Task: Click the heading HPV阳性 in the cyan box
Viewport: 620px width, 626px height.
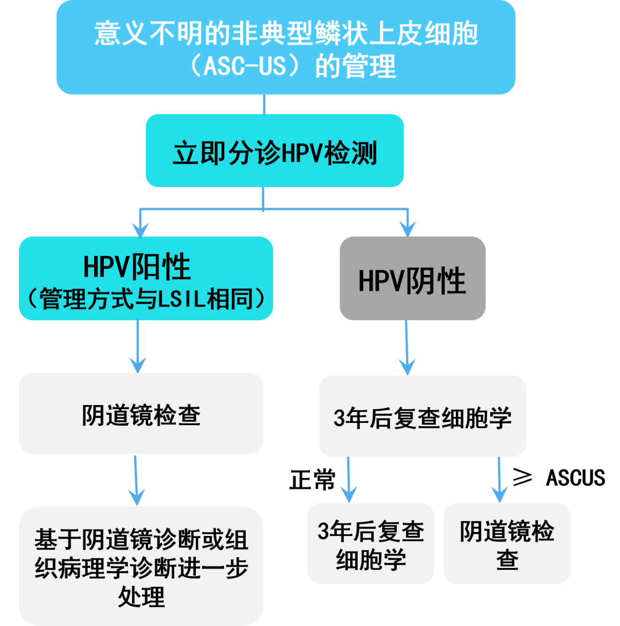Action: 137,266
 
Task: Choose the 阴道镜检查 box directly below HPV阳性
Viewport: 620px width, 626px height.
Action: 141,415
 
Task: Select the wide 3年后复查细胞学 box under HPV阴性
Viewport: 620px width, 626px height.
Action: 422,418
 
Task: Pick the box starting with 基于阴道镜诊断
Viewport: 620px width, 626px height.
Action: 141,565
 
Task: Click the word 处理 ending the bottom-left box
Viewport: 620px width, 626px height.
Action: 141,597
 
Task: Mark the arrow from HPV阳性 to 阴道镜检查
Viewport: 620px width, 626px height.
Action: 137,347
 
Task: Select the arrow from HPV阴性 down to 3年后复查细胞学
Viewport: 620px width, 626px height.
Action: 407,347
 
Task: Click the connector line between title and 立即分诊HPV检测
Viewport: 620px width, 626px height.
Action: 264,104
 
